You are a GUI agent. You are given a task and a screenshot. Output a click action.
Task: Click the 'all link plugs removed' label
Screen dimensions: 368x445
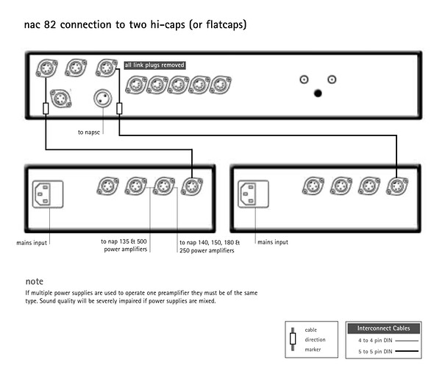(x=154, y=65)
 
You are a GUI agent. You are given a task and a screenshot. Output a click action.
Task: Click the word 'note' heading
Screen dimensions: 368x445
(x=34, y=281)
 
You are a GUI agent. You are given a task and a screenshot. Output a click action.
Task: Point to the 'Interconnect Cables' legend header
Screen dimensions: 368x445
(x=382, y=328)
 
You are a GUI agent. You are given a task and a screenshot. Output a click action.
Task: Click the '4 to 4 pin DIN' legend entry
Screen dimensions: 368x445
(x=374, y=341)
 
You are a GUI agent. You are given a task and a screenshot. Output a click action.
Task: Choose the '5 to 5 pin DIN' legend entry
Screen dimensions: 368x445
(x=374, y=353)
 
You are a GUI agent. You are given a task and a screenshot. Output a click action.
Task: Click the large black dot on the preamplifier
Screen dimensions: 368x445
(x=318, y=93)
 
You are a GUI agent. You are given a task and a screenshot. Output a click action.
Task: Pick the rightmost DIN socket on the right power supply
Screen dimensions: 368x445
(x=398, y=187)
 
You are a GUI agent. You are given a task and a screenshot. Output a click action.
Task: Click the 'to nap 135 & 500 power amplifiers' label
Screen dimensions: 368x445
(x=124, y=245)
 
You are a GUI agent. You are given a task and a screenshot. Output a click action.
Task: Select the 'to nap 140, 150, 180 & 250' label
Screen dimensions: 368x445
(x=207, y=245)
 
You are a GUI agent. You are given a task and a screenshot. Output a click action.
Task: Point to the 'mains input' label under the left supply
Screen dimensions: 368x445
(x=33, y=241)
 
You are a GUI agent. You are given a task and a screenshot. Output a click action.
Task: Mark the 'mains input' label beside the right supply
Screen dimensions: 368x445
(x=274, y=241)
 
